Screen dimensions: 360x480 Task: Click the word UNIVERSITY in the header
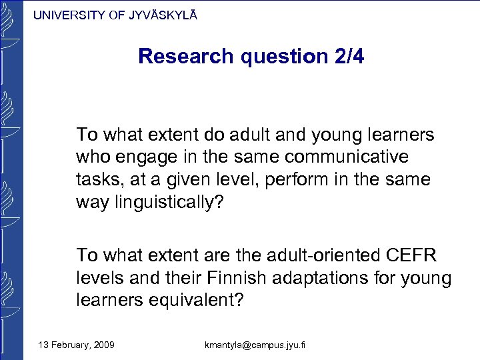coord(68,15)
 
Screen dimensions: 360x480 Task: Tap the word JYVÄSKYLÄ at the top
coord(162,15)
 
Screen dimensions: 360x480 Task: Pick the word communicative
coord(351,157)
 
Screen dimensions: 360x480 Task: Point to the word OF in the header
coord(116,15)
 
